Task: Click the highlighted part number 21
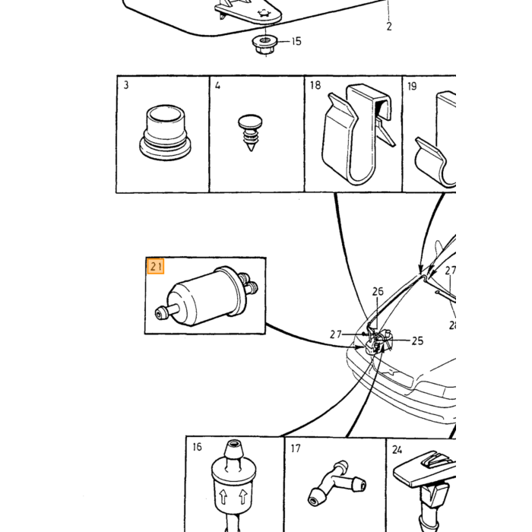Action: tap(156, 266)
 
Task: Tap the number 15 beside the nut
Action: tap(296, 41)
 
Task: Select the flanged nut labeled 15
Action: tap(265, 45)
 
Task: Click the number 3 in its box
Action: tap(126, 85)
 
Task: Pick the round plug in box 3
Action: tap(165, 132)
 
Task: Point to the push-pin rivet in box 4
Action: tap(250, 132)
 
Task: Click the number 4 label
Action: tap(217, 85)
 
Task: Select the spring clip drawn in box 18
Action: tap(358, 134)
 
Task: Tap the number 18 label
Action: tap(315, 85)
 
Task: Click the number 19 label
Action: tap(412, 86)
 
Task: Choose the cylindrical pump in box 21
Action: tap(207, 296)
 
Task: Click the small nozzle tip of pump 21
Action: tap(160, 313)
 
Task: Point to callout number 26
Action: tap(378, 291)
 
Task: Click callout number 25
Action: tap(418, 340)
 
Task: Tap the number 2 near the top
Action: tap(389, 26)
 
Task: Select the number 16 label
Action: tap(197, 447)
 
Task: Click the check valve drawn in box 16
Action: tap(233, 485)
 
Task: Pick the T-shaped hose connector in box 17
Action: tap(337, 483)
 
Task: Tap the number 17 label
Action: tap(296, 448)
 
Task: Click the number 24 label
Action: tap(397, 450)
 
